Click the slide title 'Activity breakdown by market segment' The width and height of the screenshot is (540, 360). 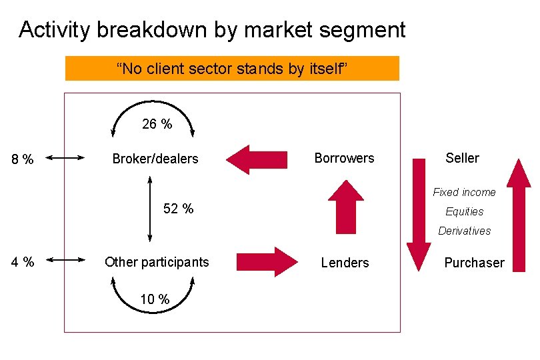point(212,30)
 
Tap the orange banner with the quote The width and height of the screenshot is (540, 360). point(232,68)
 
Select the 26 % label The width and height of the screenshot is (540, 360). point(157,123)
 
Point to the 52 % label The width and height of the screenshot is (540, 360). point(179,209)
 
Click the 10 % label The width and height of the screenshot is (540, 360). point(155,299)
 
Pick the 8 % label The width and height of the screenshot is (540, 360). point(23,159)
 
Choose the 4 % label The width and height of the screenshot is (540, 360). point(23,263)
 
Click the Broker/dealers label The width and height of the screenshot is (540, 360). point(155,159)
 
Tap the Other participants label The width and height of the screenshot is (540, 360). point(157,262)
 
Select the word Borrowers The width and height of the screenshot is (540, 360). point(344,158)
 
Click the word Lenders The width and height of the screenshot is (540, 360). point(345,263)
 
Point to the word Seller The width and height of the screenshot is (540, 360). point(462,158)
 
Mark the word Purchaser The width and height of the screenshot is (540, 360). point(474,263)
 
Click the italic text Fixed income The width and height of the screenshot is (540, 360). point(464,192)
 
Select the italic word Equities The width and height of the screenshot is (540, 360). point(465,211)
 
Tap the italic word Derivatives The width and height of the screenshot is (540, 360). point(465,231)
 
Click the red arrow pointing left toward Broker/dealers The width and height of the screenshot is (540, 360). point(256,159)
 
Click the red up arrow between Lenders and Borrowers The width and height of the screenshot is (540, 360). point(346,207)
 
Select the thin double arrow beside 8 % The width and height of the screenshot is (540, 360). point(65,158)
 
